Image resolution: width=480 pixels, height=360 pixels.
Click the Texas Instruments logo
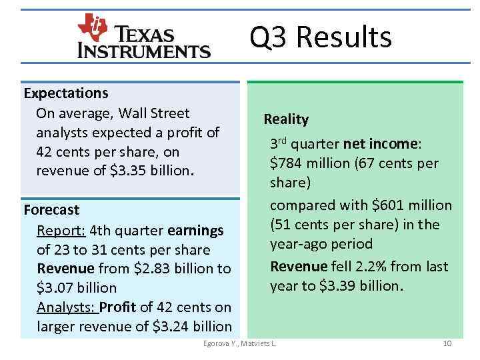[144, 37]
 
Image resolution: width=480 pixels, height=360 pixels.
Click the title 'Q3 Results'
[321, 37]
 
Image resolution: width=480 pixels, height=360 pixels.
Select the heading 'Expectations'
[66, 92]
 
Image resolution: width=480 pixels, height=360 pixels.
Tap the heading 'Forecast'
[51, 210]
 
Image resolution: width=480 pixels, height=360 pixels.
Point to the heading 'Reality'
[286, 119]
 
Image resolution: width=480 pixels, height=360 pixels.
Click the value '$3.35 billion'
[151, 171]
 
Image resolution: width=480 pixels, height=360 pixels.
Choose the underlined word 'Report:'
[60, 231]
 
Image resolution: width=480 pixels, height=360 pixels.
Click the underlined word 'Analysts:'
[67, 307]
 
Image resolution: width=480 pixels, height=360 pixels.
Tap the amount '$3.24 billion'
[192, 327]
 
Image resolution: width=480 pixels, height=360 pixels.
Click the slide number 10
[447, 343]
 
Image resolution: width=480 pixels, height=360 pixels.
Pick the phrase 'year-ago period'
[321, 244]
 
